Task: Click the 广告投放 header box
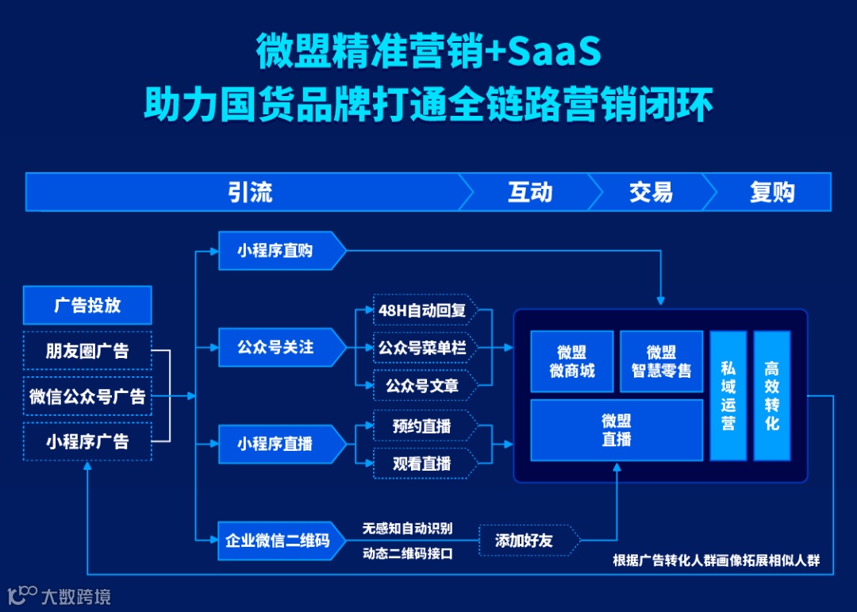[x=87, y=305]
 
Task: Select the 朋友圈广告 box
[x=87, y=350]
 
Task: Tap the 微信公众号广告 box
[x=87, y=395]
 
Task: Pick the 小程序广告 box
[x=87, y=441]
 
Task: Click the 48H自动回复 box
[x=422, y=310]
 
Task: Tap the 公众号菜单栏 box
[x=422, y=348]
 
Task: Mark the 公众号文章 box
[x=422, y=386]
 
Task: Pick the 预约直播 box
[x=422, y=426]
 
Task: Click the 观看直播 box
[x=422, y=464]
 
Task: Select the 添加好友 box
[x=525, y=541]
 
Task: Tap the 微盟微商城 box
[x=571, y=362]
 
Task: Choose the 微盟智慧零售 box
[x=661, y=362]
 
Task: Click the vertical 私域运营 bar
[x=728, y=395]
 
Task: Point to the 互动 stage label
[x=529, y=192]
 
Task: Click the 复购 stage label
[x=771, y=192]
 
